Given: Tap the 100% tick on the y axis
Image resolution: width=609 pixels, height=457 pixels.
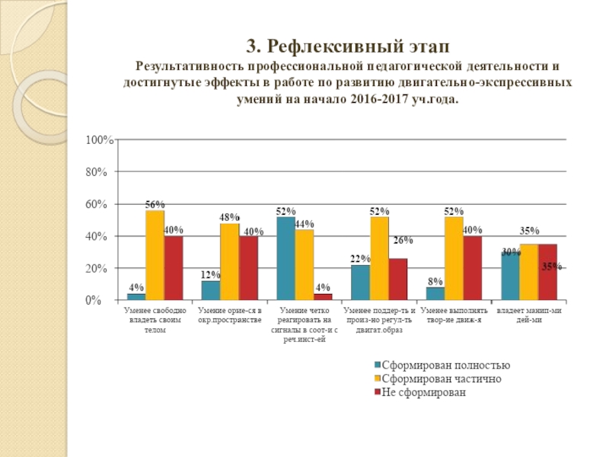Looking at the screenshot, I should click(x=100, y=140).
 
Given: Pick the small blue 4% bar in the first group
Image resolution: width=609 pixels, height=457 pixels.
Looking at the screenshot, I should click(x=136, y=297).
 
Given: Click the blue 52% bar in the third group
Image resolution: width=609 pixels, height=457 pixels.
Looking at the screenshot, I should click(x=285, y=259).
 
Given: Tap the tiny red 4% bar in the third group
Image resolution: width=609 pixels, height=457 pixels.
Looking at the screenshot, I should click(x=323, y=297).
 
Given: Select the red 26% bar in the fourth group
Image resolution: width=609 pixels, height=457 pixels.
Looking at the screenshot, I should click(x=397, y=280).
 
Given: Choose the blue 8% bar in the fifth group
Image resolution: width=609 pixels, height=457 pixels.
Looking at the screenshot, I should click(x=435, y=294).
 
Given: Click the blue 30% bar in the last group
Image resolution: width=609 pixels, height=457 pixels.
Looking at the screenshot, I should click(x=510, y=276).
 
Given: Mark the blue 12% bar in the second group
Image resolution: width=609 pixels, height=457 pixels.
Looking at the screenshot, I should click(x=211, y=291).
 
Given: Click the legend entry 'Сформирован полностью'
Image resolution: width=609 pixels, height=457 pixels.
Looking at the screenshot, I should click(x=439, y=366).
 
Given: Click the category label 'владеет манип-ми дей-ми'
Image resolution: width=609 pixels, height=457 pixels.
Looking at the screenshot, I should click(x=529, y=316).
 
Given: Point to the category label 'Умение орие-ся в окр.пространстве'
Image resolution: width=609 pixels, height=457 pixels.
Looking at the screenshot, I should click(x=229, y=316).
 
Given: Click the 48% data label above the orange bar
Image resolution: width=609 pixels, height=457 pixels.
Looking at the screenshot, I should click(x=229, y=218).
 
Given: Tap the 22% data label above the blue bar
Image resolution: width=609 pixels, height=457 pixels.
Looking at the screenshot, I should click(x=360, y=259).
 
